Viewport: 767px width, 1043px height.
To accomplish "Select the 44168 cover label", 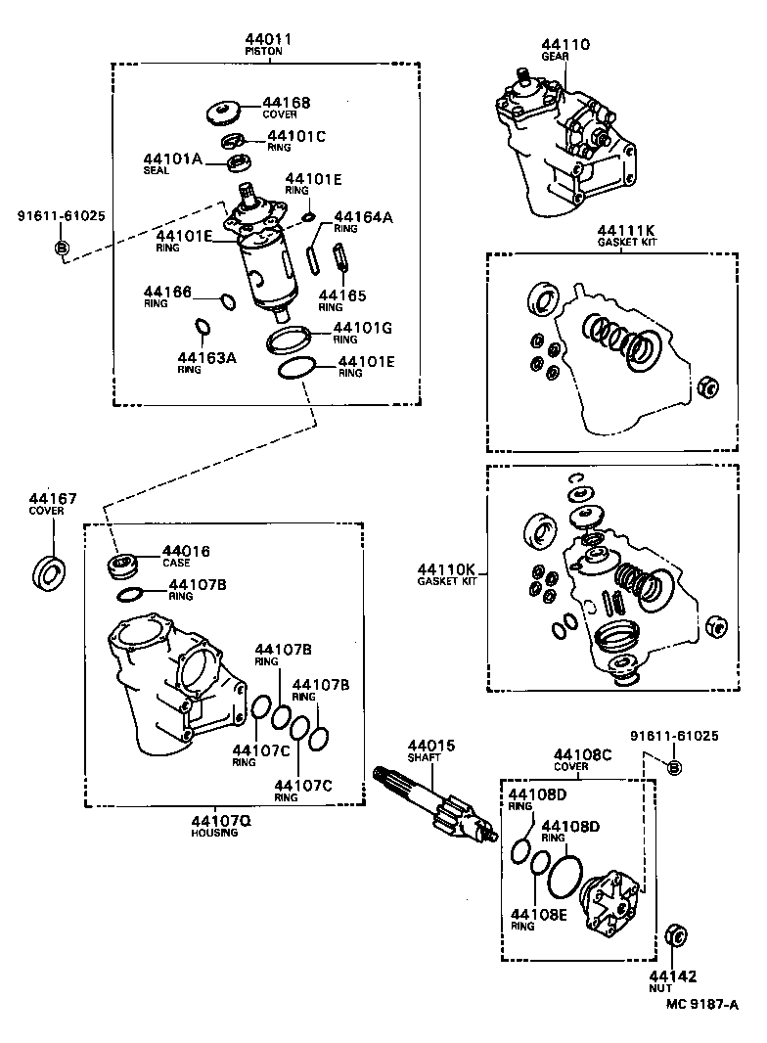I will pyautogui.click(x=285, y=103).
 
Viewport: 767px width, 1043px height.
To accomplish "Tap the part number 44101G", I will pyautogui.click(x=363, y=328).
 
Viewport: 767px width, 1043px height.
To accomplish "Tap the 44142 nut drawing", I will pyautogui.click(x=673, y=934).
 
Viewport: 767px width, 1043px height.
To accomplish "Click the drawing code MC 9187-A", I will pyautogui.click(x=701, y=1003).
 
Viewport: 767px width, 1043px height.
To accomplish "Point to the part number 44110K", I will pyautogui.click(x=446, y=569).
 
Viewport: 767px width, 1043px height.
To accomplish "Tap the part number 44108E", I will pyautogui.click(x=538, y=915).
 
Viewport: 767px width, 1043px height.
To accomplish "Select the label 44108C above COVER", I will pyautogui.click(x=582, y=754).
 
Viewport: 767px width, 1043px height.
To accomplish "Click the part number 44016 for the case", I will pyautogui.click(x=186, y=552).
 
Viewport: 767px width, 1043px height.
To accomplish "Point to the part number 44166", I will pyautogui.click(x=167, y=292).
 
